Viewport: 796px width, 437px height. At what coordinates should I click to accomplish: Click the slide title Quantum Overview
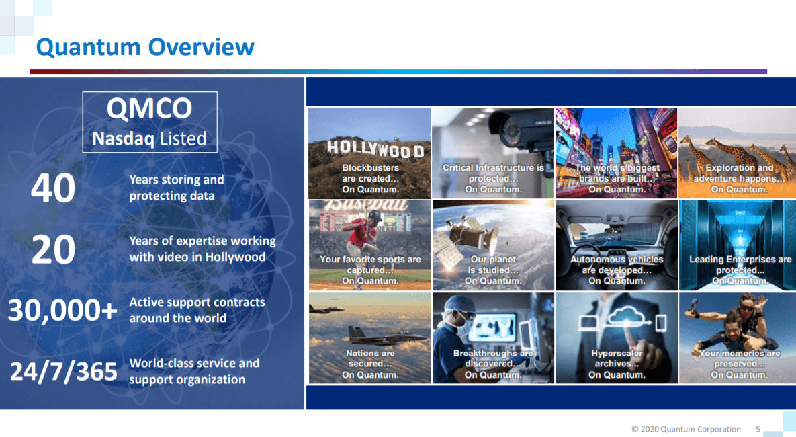pos(145,47)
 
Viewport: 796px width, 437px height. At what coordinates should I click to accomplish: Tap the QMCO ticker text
pos(150,108)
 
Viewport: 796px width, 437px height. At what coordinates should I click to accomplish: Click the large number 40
pos(53,188)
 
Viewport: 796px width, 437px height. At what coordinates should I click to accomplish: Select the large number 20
pos(53,249)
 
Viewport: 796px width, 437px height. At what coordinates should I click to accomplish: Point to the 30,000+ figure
pos(62,310)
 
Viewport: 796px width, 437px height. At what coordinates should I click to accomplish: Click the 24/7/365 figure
pos(63,371)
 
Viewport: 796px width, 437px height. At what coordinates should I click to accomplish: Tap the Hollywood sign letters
pos(375,149)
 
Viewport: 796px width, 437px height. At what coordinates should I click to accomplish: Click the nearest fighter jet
pos(386,335)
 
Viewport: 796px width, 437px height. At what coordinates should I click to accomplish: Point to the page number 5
pos(758,430)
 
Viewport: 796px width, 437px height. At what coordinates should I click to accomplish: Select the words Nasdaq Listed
pos(149,138)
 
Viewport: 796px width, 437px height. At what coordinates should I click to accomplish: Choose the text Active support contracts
pos(197,302)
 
